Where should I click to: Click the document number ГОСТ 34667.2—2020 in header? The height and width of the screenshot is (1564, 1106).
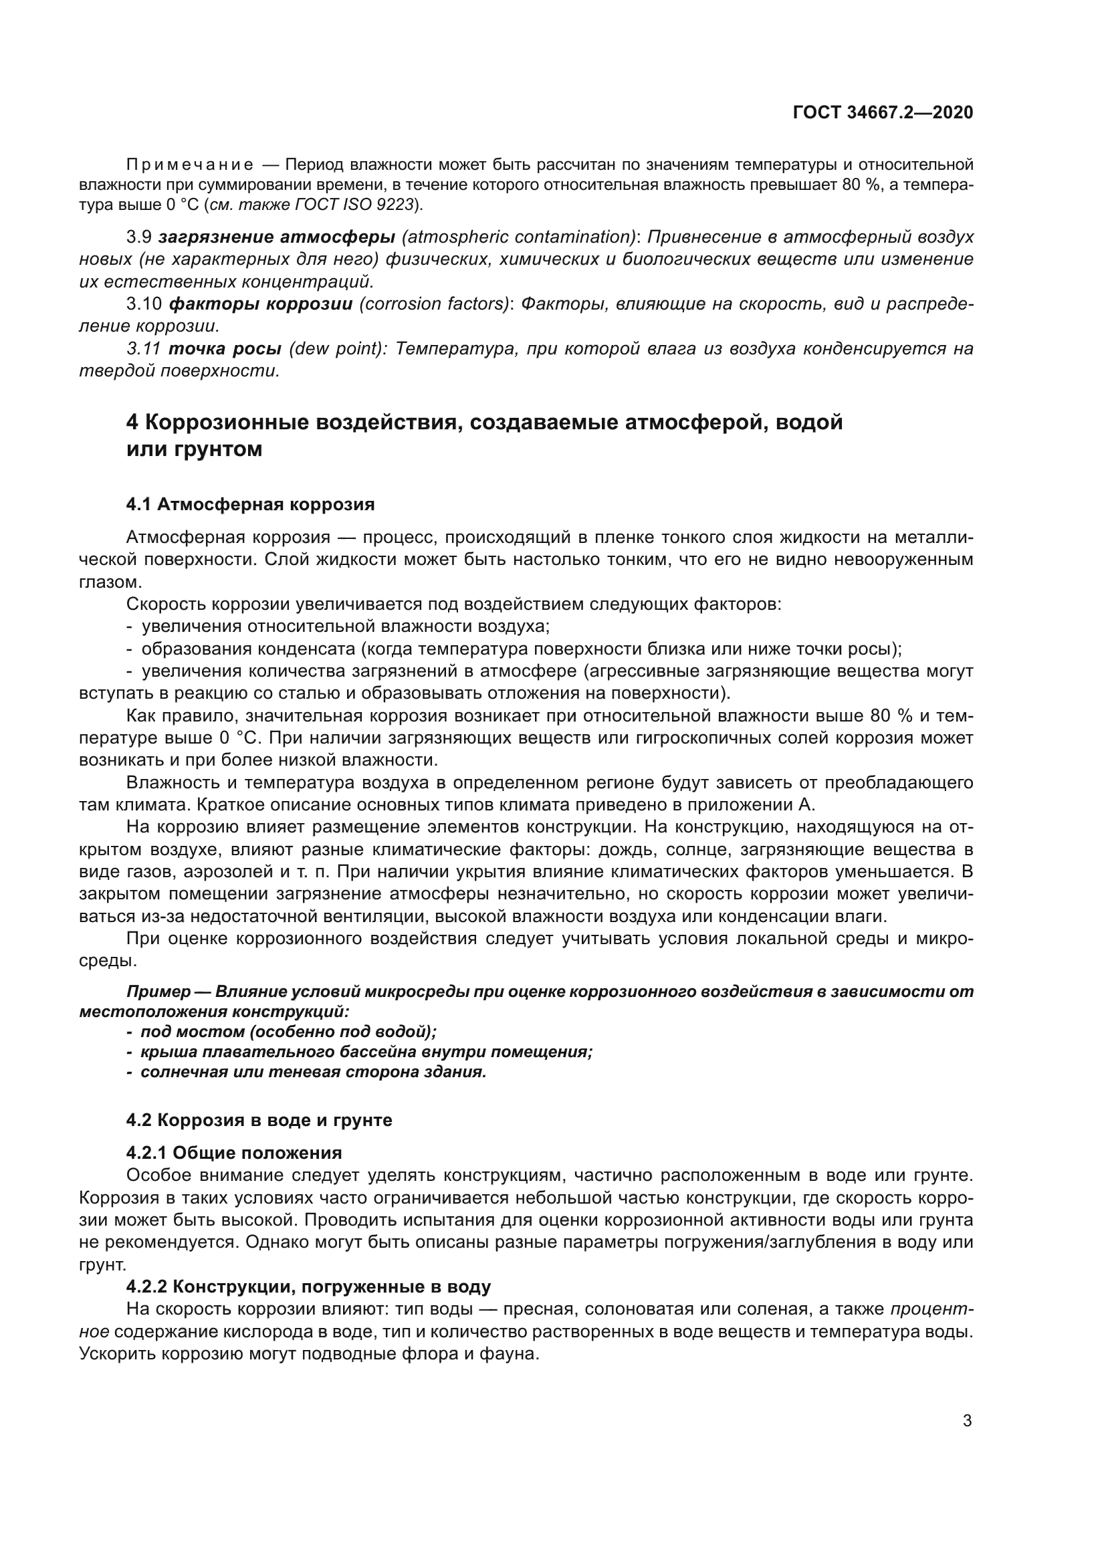883,112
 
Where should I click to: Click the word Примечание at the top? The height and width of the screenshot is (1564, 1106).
190,165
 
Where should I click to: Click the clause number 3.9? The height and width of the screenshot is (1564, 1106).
139,237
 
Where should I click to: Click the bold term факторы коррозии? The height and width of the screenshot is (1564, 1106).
261,304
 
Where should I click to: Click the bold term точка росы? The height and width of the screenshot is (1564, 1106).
225,349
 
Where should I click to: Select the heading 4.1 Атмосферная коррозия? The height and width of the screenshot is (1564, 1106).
250,504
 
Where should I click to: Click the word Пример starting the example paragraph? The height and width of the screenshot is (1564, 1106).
158,992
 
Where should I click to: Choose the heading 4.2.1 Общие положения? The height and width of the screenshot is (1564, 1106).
233,1153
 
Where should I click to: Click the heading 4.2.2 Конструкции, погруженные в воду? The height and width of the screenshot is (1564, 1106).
308,1287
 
